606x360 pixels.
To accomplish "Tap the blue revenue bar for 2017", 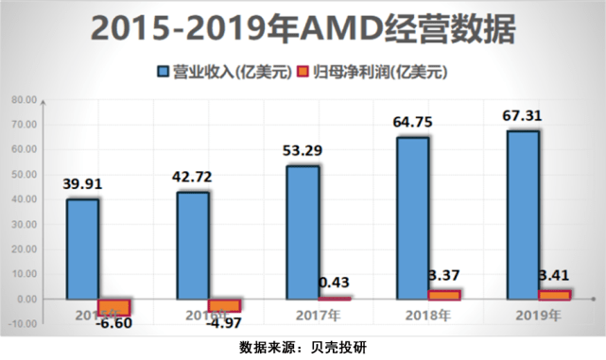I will coord(303,231).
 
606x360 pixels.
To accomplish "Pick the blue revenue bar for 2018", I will coord(412,217).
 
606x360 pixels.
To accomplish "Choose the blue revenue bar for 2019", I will coord(523,214).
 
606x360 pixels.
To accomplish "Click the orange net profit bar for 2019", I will coord(555,295).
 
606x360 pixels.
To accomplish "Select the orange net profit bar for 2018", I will coord(444,295).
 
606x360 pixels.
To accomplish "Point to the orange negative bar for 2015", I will coord(114,307).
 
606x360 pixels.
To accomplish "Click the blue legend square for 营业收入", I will coord(164,72).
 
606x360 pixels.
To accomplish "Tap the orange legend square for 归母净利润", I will coord(303,72).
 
